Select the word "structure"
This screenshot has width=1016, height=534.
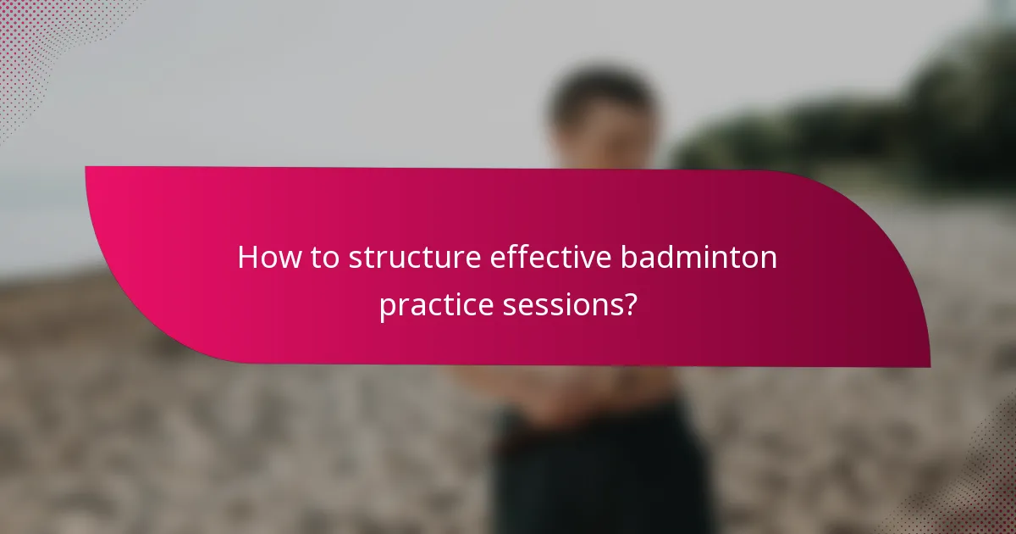(x=416, y=259)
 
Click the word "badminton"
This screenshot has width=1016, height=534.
(x=698, y=258)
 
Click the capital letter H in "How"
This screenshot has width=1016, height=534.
(x=247, y=258)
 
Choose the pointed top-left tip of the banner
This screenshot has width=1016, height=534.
(x=88, y=168)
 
